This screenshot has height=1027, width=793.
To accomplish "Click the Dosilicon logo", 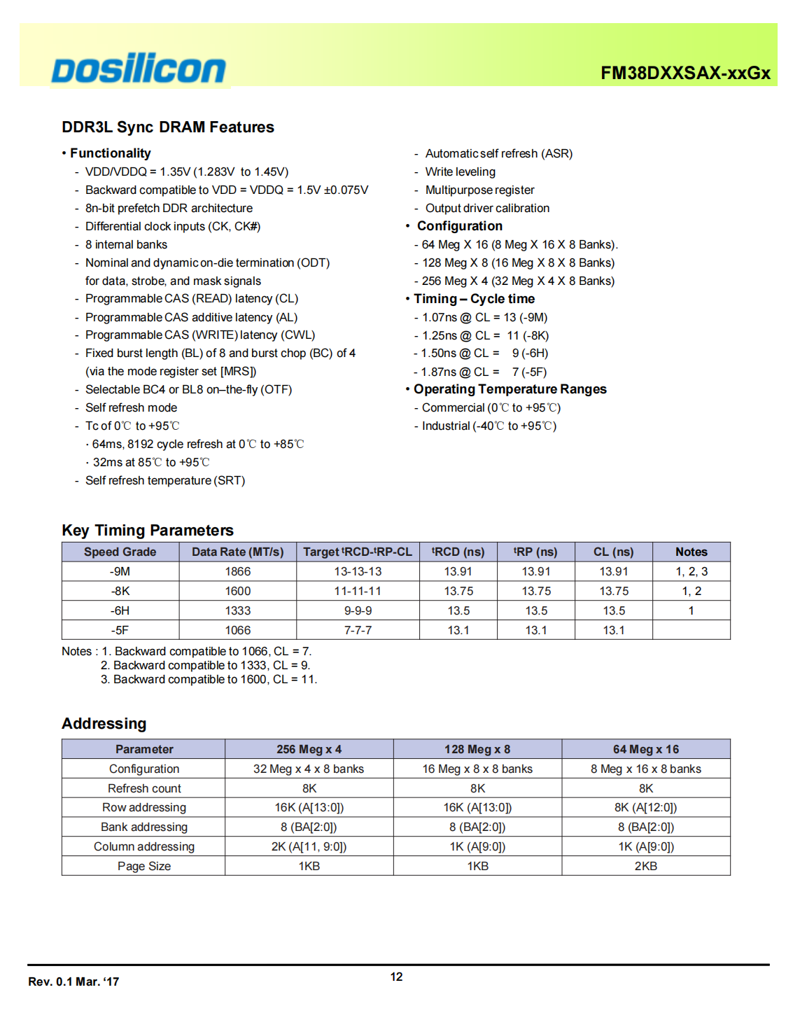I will tap(139, 69).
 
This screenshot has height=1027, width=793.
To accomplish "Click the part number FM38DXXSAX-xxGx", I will tap(685, 73).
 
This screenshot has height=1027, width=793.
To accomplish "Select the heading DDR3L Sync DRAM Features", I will tap(168, 127).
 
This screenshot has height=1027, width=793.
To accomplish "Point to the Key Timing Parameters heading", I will tap(148, 530).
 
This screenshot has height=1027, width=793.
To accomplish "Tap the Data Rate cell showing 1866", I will tap(238, 571).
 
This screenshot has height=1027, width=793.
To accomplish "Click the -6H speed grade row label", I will tap(120, 610).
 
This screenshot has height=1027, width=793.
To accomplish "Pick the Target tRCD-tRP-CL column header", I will tap(358, 552).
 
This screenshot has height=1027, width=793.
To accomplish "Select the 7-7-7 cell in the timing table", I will tap(358, 630).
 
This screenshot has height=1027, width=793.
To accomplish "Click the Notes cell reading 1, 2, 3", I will tap(691, 571).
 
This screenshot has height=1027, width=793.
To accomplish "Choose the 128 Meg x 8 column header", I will tap(477, 749).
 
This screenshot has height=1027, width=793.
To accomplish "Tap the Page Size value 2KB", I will tap(645, 866).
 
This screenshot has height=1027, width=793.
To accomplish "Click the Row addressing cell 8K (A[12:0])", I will tap(645, 807).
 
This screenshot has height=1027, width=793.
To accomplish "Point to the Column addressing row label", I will tap(144, 846).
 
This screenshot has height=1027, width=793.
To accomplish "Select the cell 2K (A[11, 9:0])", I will tap(309, 846).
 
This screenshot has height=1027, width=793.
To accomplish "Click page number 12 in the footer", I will tap(396, 977).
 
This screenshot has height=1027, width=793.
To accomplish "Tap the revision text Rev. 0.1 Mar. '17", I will tap(73, 981).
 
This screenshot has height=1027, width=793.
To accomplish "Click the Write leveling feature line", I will tap(460, 172).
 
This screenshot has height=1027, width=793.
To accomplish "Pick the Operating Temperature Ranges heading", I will tap(510, 389).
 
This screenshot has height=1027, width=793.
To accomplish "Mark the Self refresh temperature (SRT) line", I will tap(165, 480).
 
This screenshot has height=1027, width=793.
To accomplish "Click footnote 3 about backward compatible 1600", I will tap(209, 679).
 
